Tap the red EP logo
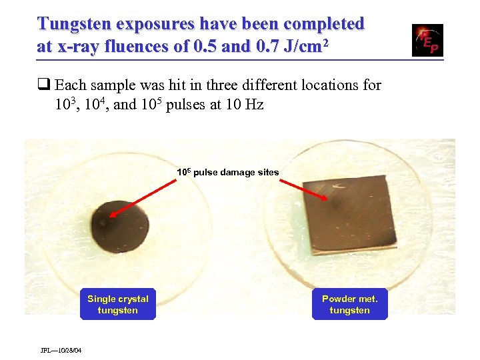tap(427, 41)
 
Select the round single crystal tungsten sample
tap(123, 223)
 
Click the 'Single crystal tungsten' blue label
tap(118, 305)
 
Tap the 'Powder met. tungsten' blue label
tap(349, 305)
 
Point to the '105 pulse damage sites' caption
tap(228, 172)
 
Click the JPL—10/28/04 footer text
tap(61, 350)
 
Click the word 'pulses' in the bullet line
tap(187, 105)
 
